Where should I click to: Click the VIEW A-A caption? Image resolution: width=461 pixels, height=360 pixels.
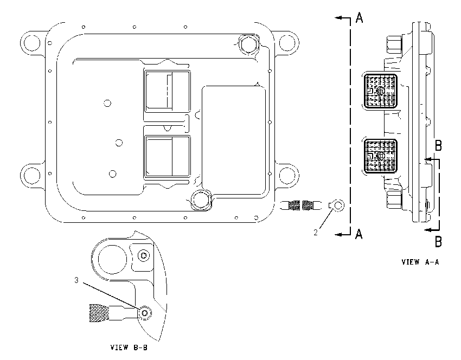coord(420,262)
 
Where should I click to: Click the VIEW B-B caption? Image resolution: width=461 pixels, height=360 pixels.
coord(129,348)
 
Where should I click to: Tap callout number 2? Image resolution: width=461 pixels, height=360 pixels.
coord(316,233)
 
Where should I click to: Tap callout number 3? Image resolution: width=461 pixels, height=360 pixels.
coord(76,280)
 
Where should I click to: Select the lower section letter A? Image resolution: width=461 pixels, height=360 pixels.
coord(358,234)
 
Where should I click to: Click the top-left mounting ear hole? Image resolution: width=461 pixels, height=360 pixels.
coord(32,43)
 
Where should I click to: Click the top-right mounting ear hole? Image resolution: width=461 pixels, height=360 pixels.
coord(287,43)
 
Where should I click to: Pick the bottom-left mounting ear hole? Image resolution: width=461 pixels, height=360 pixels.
coord(32,176)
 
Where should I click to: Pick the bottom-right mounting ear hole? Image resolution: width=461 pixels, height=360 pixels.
coord(287,176)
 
